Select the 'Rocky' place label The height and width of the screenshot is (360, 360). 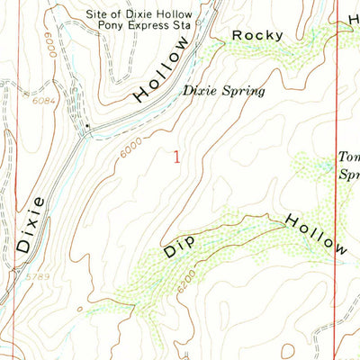(258, 35)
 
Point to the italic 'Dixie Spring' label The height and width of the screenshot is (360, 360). (224, 90)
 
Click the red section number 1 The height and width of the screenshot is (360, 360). (176, 157)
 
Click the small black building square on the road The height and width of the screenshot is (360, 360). (87, 126)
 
